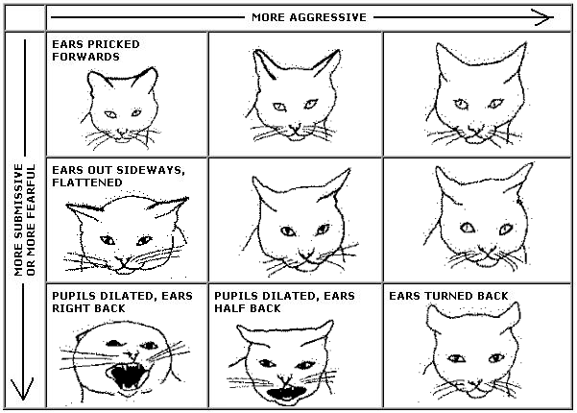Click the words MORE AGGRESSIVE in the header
pyautogui.click(x=309, y=17)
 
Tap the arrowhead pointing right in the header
pyautogui.click(x=544, y=17)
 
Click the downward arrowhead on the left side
pyautogui.click(x=22, y=389)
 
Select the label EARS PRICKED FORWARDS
pyautogui.click(x=96, y=51)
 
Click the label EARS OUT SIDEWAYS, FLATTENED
pyautogui.click(x=118, y=177)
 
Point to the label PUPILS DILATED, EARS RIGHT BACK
pyautogui.click(x=122, y=303)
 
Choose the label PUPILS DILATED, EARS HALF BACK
pyautogui.click(x=284, y=303)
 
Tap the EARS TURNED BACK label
pyautogui.click(x=448, y=296)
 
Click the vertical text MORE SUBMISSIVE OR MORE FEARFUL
pyautogui.click(x=25, y=220)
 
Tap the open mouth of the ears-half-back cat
pyautogui.click(x=287, y=393)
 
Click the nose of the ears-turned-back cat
pyautogui.click(x=474, y=384)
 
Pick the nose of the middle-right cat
pyautogui.click(x=488, y=253)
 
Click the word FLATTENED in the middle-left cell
pyautogui.click(x=87, y=182)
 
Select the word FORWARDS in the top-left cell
pyautogui.click(x=85, y=57)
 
